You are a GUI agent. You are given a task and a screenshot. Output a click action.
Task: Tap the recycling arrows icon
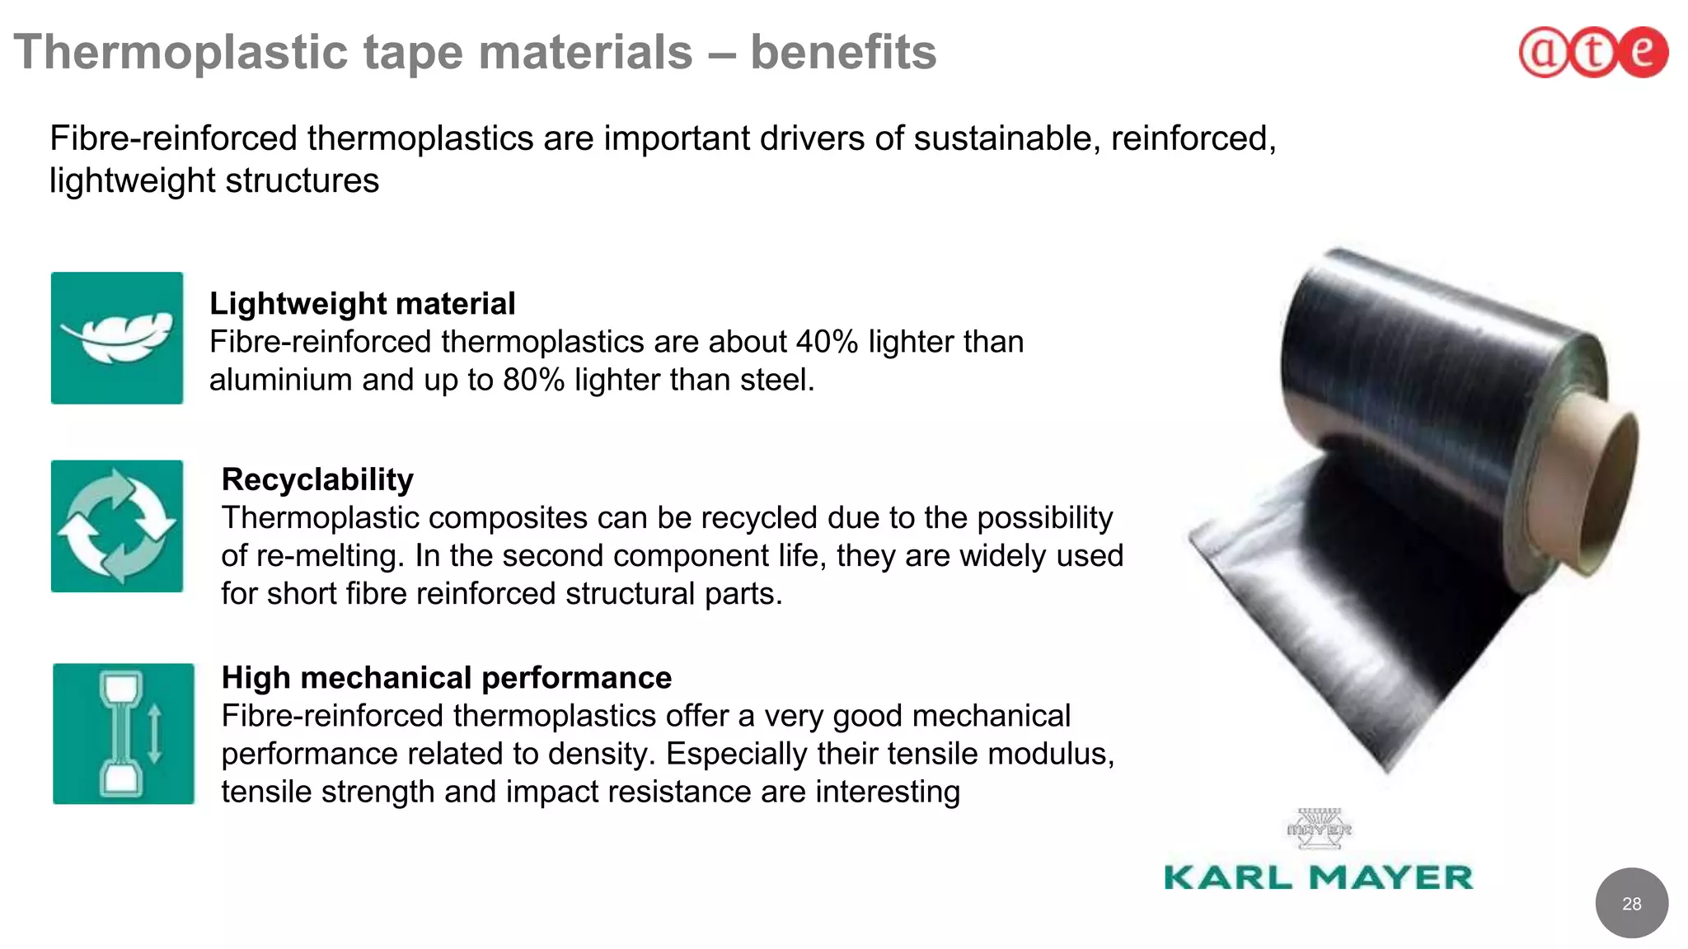point(117,526)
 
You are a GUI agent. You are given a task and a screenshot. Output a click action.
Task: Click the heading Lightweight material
point(362,303)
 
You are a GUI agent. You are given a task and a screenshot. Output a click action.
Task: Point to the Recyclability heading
point(317,479)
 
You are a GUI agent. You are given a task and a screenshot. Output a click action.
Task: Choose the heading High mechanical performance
point(446,677)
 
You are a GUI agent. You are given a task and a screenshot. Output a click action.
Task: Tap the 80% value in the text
point(533,380)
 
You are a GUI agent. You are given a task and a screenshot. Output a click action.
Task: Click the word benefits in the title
point(842,52)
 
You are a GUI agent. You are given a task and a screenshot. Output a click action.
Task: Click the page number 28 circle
point(1631,904)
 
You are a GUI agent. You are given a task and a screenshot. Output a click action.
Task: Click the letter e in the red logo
point(1643,51)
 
